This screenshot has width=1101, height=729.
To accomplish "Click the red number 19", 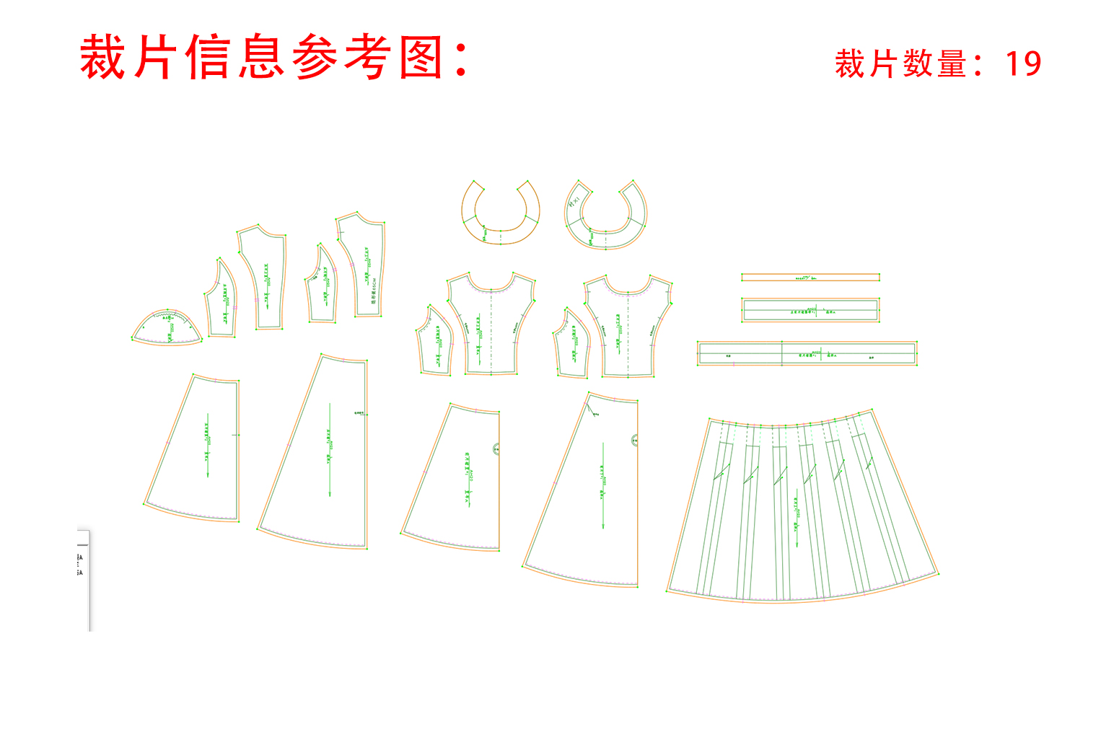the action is click(1023, 63).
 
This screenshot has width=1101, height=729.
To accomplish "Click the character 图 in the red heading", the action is click(421, 57).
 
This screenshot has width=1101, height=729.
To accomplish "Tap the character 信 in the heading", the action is click(209, 57).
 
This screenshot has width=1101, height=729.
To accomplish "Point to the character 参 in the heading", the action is click(316, 57).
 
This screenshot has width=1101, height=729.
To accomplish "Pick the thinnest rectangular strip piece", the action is click(810, 277).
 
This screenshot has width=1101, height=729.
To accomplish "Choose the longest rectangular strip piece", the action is click(807, 353).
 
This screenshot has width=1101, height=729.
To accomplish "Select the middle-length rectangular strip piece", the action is click(810, 310).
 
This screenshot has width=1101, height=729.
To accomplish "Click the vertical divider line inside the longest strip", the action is click(782, 353).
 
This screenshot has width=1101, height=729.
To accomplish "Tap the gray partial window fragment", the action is click(84, 577).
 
